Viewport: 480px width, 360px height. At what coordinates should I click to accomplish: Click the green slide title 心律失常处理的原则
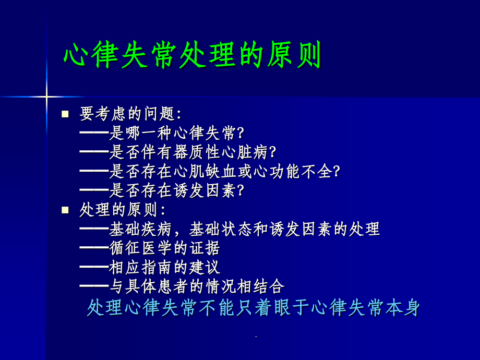tap(193, 55)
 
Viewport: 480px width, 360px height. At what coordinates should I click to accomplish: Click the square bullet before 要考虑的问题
tap(65, 114)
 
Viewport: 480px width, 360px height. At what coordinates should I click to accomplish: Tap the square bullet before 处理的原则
tap(65, 210)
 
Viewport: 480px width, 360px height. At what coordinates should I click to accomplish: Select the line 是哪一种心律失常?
tap(176, 133)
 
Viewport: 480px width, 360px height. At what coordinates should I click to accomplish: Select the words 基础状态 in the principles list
tap(220, 229)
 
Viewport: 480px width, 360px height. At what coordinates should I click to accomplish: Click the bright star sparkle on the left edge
tap(46, 97)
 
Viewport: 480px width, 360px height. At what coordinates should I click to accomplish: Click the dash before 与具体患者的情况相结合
tap(94, 286)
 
